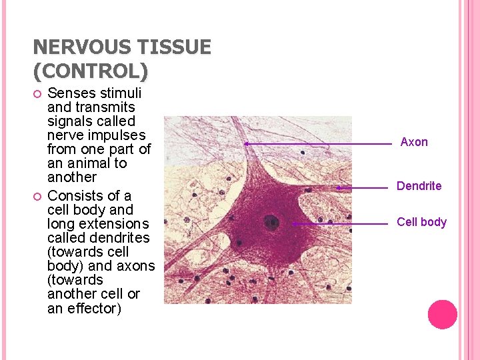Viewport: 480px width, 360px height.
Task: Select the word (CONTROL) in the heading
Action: point(90,69)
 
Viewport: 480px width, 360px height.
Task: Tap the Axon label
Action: point(414,142)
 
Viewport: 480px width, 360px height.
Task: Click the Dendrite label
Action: point(419,186)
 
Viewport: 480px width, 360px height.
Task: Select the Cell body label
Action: point(421,222)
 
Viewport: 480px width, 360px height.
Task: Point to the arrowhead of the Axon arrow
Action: point(246,143)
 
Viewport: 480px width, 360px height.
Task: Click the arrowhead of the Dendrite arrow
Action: point(339,188)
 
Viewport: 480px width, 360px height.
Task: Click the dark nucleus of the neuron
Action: point(271,222)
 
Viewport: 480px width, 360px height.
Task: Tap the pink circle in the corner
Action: point(442,314)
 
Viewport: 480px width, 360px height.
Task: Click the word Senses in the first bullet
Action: point(70,93)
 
